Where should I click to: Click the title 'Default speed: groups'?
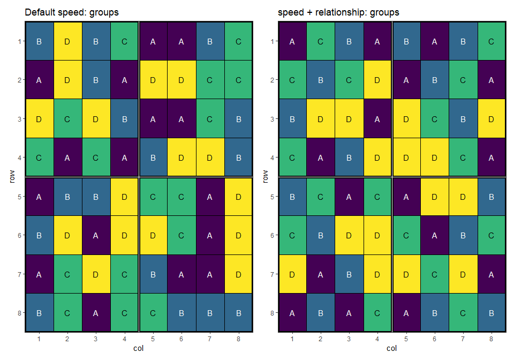coord(72,12)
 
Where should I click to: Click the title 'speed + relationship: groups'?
coord(338,12)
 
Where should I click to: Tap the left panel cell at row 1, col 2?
coord(67,41)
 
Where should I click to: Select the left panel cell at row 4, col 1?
coord(39,157)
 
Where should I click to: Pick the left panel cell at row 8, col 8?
coord(238,313)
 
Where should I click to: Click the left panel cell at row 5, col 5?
coord(153,197)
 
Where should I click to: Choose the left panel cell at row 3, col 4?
coord(125,119)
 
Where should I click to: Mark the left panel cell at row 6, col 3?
coord(96,235)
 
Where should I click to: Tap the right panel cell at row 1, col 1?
coord(292,41)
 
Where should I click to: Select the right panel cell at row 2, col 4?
coord(377,80)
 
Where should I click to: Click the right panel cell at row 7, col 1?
coord(292,274)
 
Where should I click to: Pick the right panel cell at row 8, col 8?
coord(492,313)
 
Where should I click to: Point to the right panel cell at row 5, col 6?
coord(434,197)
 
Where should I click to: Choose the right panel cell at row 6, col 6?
coord(434,235)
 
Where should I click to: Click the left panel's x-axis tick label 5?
coord(153,339)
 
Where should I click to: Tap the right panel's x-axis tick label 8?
coord(492,339)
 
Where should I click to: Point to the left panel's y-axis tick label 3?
coord(20,119)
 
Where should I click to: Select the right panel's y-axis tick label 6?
coord(273,235)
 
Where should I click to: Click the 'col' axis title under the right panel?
coord(392,348)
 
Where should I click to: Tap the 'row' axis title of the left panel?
coord(12,176)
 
